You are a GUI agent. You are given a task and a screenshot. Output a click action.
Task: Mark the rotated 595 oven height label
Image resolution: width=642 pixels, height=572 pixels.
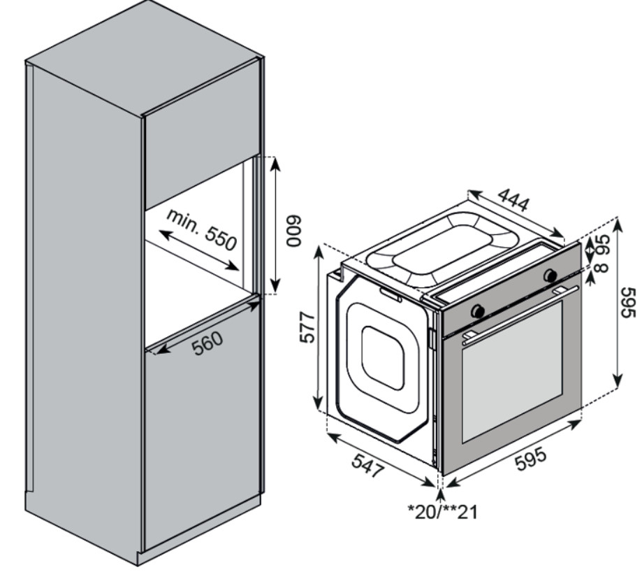coord(627,302)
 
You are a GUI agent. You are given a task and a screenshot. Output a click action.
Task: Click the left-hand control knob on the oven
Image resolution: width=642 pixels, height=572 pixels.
coord(479,310)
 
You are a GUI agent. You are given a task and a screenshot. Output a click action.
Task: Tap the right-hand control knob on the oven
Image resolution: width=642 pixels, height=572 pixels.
coord(550,273)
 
